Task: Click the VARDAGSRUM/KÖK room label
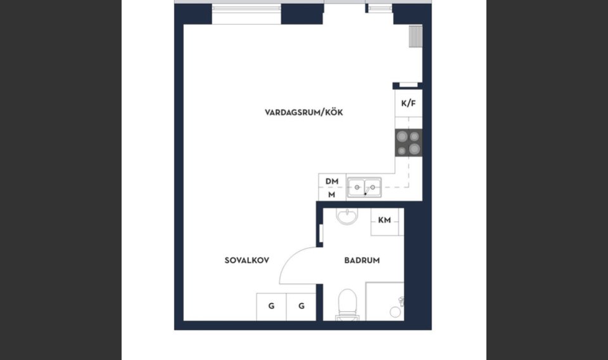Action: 303,113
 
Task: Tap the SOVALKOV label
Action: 247,260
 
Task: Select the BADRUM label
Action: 362,260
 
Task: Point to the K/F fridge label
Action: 408,103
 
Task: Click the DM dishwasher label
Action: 332,181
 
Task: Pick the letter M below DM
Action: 331,195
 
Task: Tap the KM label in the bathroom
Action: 384,220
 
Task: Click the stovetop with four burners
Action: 408,143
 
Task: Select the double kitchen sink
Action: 364,188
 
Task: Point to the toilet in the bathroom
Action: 348,305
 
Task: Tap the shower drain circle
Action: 395,312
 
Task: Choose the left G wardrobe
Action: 272,307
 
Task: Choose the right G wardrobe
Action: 301,307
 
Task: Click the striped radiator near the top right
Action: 415,37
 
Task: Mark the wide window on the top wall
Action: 246,8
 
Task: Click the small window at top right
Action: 381,8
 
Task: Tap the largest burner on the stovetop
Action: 414,148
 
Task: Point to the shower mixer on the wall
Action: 402,302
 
